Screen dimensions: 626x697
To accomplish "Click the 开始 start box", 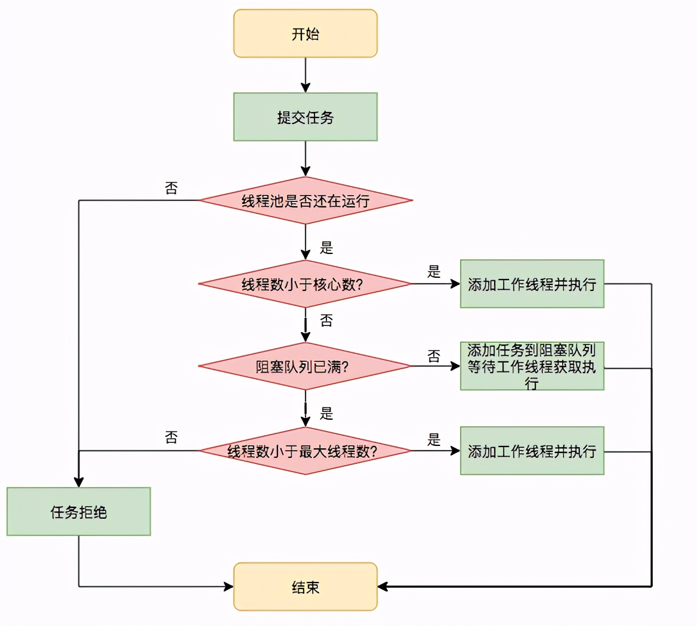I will [x=305, y=34].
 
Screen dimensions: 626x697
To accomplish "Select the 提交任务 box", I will [x=305, y=117].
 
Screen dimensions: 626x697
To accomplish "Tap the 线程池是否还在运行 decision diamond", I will [x=305, y=200].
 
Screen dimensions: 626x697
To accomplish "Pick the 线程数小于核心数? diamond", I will [x=305, y=284].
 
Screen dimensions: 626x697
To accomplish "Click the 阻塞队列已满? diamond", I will [x=305, y=367].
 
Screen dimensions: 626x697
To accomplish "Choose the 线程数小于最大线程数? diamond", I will [x=305, y=451].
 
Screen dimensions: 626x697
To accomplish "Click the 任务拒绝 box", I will [x=78, y=512].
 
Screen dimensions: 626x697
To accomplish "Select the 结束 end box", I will [x=305, y=587].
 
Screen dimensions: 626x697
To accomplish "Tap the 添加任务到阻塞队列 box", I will [x=532, y=366].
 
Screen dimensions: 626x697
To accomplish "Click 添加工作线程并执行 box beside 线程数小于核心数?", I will [x=532, y=284].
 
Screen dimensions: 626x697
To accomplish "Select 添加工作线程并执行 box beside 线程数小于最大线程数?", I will [x=532, y=451].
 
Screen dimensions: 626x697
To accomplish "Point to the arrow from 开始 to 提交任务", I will [x=305, y=75].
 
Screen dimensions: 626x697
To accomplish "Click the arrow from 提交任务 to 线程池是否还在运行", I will [x=305, y=159].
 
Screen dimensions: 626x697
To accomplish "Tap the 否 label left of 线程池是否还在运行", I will [x=171, y=188].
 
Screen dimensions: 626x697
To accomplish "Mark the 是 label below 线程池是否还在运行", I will [x=326, y=247].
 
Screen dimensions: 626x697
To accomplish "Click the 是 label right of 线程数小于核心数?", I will [x=434, y=272].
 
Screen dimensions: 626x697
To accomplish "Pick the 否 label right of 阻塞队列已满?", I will [x=434, y=356].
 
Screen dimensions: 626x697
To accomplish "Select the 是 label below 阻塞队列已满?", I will [x=326, y=413].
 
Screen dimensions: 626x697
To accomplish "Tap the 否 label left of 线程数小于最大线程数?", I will [x=171, y=438].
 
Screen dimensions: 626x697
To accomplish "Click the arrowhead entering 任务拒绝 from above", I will [x=78, y=482].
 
